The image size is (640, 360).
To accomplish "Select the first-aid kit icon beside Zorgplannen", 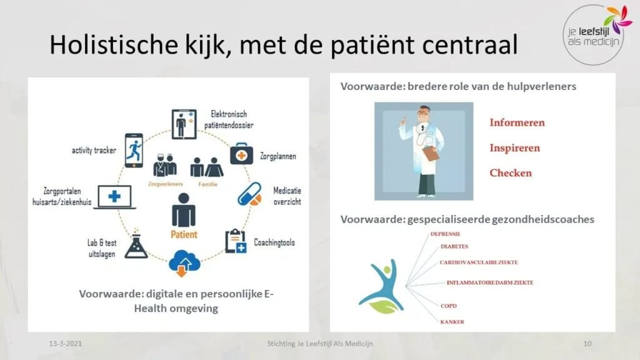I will coord(241,154).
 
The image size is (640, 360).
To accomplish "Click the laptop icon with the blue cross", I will coord(114,196).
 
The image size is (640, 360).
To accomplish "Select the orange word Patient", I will coord(184,235).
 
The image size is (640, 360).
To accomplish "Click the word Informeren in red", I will coord(517,122).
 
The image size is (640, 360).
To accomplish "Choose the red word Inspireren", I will coord(514,148).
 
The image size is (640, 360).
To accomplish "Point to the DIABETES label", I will coord(454,246).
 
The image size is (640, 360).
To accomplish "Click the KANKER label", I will coord(451,322).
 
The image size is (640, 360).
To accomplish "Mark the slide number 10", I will coord(587,344).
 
